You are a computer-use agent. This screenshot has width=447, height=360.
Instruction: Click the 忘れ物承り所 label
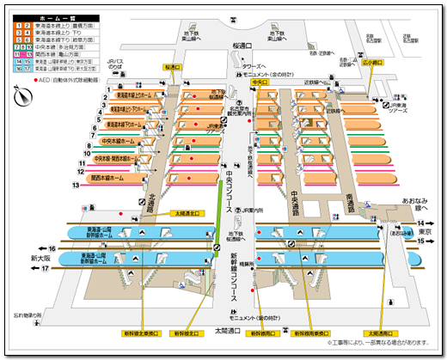tap(28, 314)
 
